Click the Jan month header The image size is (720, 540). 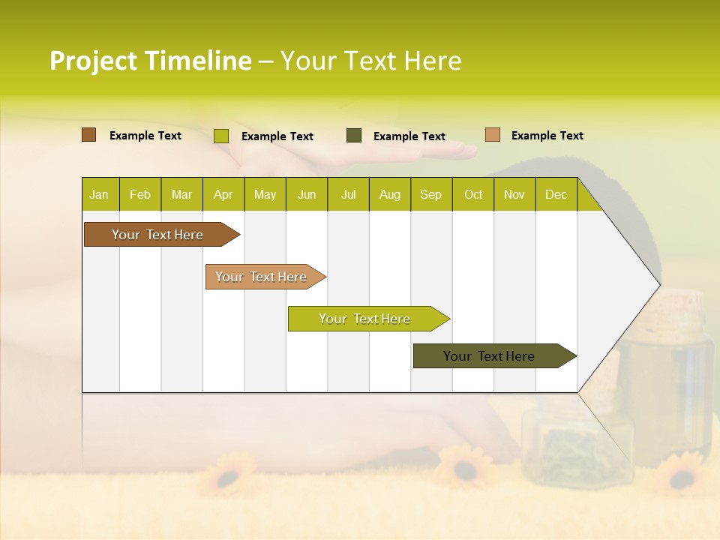click(x=99, y=195)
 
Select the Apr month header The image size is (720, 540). click(x=223, y=195)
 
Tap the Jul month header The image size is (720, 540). click(x=348, y=195)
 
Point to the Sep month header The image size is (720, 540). click(x=430, y=195)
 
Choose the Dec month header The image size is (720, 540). click(x=556, y=195)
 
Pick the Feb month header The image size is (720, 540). click(x=140, y=195)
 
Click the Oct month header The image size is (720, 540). click(x=473, y=195)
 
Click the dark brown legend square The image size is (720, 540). click(x=88, y=135)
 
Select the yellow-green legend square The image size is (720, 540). click(x=220, y=136)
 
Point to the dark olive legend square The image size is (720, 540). click(x=354, y=136)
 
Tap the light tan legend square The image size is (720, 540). click(x=492, y=135)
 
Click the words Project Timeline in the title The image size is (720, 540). click(x=150, y=61)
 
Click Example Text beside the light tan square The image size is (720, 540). click(x=547, y=136)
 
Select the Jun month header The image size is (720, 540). click(x=307, y=195)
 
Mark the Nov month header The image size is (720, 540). click(x=514, y=195)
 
